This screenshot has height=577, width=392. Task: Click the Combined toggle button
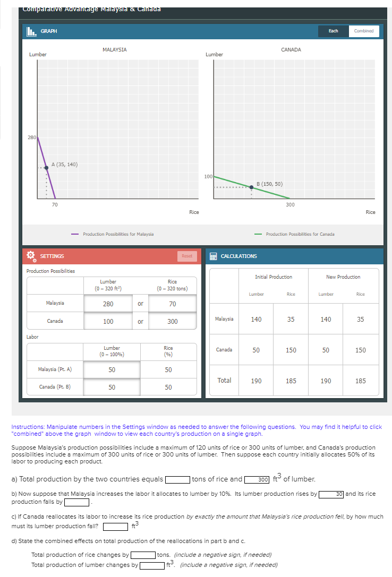pos(364,31)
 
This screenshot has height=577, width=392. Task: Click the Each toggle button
pos(333,31)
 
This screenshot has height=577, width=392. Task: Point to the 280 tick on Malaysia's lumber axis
pos(32,137)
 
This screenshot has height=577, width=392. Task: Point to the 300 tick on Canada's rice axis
pos(290,204)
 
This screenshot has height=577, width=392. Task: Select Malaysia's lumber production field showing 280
pos(108,304)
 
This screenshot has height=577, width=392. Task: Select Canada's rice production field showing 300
pos(172,322)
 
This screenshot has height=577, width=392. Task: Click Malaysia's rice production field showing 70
pos(172,304)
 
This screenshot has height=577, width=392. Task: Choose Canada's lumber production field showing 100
pos(108,322)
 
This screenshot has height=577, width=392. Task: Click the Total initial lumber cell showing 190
pos(256,381)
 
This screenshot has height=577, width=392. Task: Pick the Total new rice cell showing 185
pos(360,381)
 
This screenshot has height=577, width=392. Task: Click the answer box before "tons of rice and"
pos(177,479)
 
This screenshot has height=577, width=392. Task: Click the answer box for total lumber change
pos(151,565)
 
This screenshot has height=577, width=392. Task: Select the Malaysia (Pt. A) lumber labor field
pos(112,369)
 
